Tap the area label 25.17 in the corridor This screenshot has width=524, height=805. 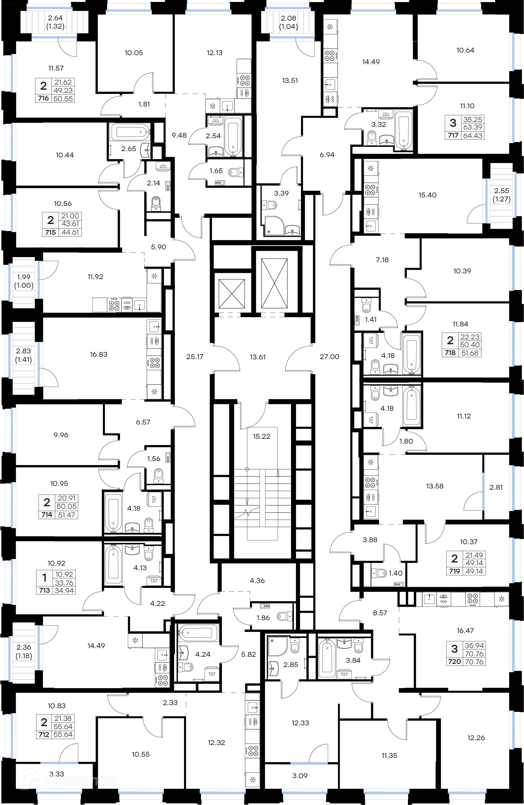coord(195,357)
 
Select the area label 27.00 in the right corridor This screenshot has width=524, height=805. coord(329,357)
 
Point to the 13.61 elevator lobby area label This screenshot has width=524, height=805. coord(258,357)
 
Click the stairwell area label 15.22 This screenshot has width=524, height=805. coord(261,436)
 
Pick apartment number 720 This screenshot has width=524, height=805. coord(454,662)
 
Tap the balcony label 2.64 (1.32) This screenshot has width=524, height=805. coord(55,22)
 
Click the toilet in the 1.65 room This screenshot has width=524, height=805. coord(236,173)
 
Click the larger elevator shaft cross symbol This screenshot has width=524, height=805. coord(274,283)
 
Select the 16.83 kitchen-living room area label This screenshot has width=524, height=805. coord(99,355)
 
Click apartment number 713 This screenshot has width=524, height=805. coord(44,590)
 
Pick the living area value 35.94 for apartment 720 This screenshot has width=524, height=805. coord(474,645)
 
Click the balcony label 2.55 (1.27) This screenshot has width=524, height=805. coord(501,195)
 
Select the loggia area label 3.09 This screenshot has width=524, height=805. coord(300,776)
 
